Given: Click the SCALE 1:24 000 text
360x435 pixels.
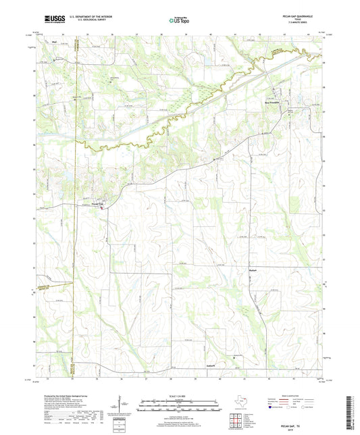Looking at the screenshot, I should [180, 395].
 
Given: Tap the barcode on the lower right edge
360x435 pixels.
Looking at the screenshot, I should [353, 409].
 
